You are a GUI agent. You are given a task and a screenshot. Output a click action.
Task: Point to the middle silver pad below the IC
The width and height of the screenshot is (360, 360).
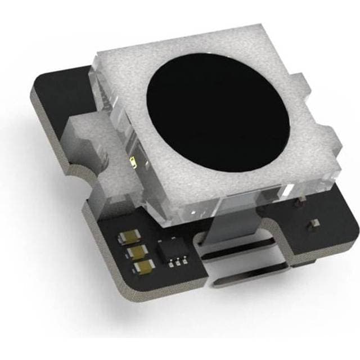click(178, 261)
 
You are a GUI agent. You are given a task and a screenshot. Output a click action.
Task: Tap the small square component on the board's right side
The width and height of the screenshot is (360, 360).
click(309, 224)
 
